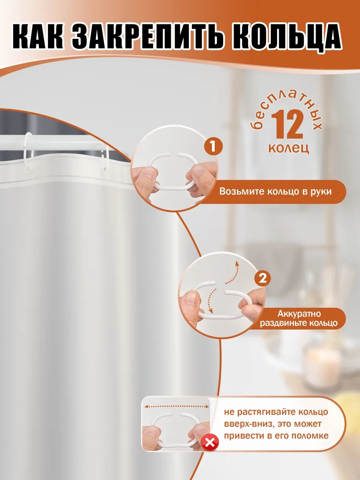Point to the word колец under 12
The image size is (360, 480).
(288, 148)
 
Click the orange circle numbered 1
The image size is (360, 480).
(213, 146)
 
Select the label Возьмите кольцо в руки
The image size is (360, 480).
(276, 192)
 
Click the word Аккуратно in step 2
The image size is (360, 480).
(299, 314)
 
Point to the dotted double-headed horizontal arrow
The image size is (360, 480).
(177, 406)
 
